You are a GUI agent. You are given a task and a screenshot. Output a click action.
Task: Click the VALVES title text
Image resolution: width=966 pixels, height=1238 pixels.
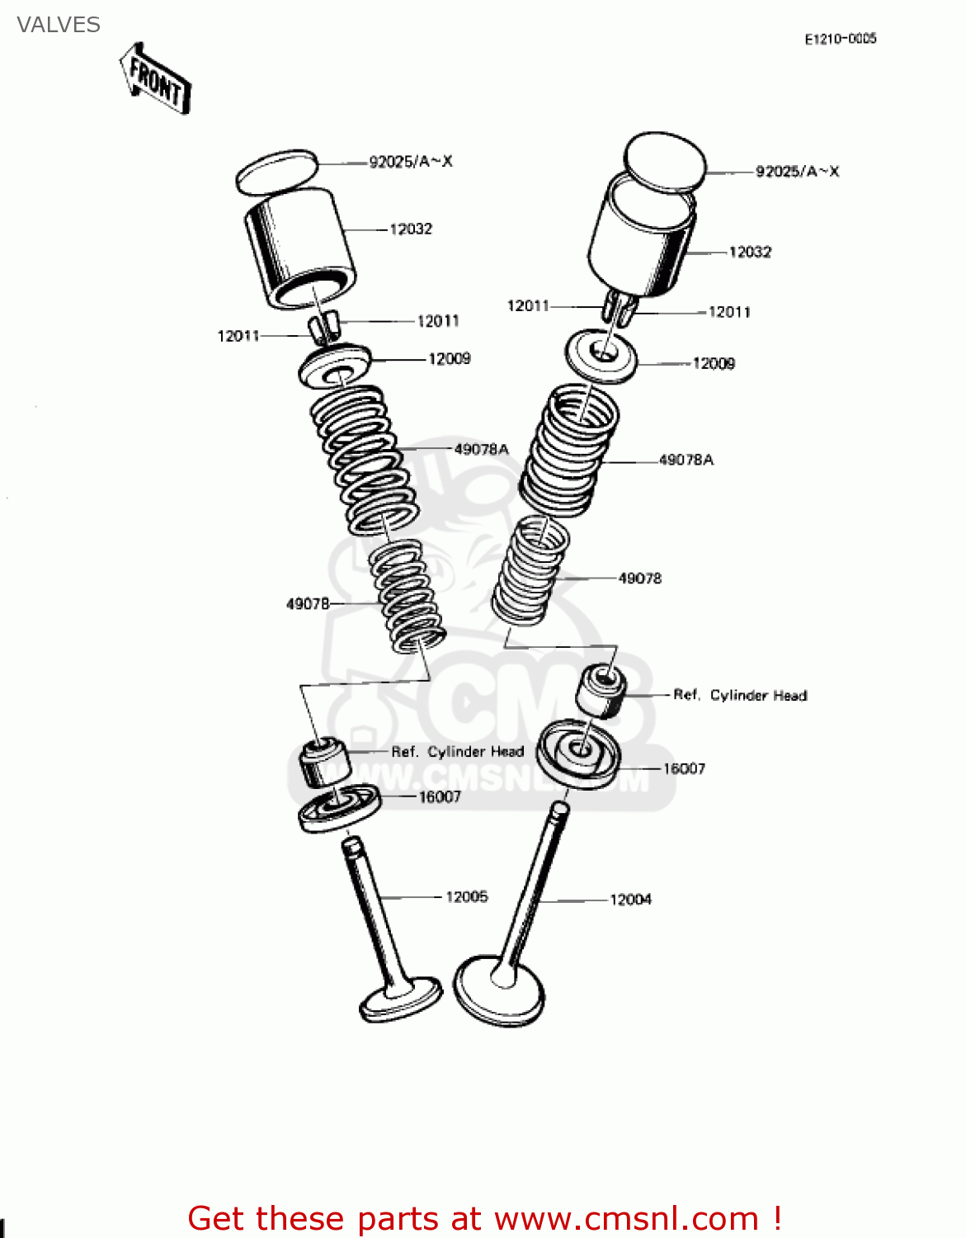[59, 25]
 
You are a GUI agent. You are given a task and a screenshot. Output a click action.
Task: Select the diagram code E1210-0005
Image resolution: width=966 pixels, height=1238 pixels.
[840, 39]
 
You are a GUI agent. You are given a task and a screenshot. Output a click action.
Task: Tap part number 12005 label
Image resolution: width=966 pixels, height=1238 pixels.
[466, 896]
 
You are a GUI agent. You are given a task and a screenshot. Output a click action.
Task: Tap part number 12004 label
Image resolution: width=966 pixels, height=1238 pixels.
[630, 899]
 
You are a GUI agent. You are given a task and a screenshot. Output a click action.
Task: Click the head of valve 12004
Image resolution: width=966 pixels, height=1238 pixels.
[500, 990]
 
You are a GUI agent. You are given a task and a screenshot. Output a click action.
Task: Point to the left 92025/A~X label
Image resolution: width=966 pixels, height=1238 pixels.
[410, 162]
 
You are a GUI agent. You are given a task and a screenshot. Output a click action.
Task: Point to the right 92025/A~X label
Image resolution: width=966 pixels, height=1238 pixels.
[797, 172]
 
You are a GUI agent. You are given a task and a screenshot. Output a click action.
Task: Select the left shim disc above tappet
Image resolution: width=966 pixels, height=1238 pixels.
[277, 172]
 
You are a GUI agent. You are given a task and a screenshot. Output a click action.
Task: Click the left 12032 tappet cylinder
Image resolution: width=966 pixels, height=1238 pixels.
[300, 248]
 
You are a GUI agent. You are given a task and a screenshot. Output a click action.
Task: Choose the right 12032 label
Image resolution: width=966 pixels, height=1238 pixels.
[749, 252]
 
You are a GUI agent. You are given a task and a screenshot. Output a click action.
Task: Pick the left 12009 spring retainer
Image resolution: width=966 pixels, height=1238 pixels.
[335, 366]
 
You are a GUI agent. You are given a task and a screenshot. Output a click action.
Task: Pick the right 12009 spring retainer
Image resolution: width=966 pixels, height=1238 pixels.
[602, 355]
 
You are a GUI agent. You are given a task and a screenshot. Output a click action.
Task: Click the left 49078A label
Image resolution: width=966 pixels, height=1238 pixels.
[481, 449]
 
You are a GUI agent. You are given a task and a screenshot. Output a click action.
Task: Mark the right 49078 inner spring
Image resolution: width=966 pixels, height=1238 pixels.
[531, 569]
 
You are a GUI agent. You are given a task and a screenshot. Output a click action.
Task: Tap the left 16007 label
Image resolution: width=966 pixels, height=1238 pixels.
[439, 796]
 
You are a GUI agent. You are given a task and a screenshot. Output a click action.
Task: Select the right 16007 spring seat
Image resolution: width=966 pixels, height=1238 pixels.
[578, 754]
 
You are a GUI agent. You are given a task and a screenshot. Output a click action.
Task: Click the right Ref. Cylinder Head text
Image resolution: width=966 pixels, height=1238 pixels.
[740, 695]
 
